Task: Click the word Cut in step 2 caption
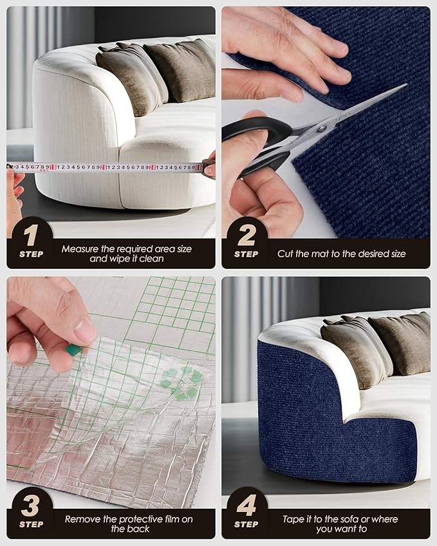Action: [285, 254]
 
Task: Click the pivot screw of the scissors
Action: [321, 128]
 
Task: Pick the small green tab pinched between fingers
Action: [73, 349]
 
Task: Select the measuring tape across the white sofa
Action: [104, 167]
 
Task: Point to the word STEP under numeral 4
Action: [246, 524]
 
